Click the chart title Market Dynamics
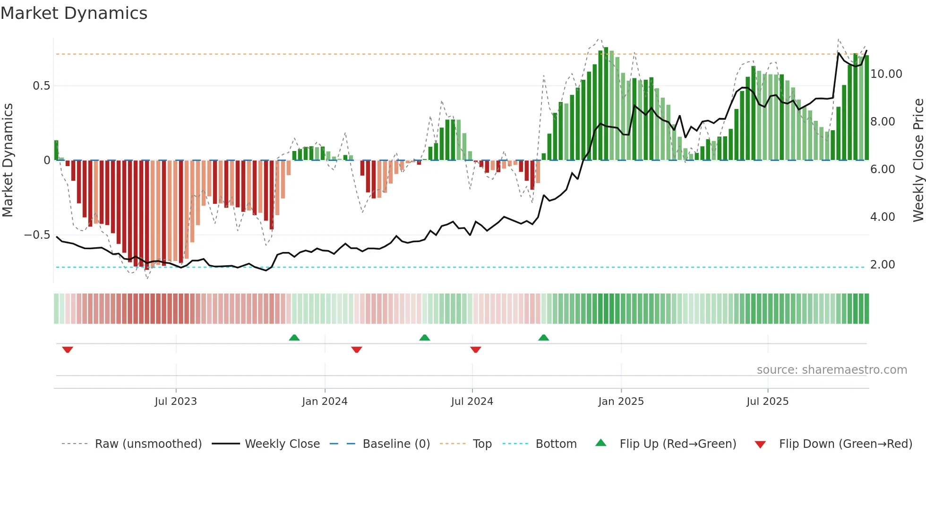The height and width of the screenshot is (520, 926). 74,13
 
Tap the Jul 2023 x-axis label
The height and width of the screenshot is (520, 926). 176,402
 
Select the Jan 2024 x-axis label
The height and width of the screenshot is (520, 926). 325,402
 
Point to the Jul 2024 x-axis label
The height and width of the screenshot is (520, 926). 472,402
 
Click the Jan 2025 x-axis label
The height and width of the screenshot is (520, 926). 621,402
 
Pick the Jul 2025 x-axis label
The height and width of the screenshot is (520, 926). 768,402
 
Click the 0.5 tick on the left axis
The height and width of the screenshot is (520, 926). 41,86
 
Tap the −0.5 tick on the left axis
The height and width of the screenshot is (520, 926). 37,235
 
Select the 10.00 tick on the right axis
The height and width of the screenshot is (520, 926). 886,74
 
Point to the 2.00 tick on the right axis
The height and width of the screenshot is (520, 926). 883,265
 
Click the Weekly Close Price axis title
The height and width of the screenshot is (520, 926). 918,160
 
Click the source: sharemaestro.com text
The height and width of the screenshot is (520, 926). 832,370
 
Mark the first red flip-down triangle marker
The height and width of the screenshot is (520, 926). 68,350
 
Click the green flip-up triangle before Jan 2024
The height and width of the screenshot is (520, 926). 294,337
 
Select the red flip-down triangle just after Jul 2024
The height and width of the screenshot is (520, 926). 476,350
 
